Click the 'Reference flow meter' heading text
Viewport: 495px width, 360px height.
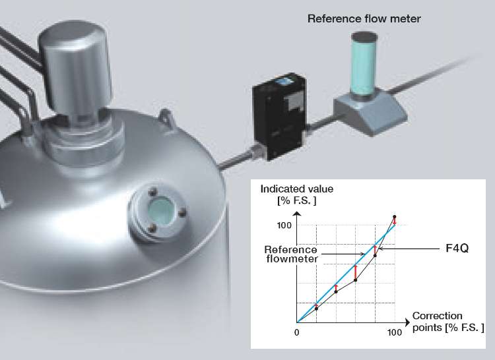pos(364,18)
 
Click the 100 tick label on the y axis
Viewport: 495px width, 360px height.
pos(284,225)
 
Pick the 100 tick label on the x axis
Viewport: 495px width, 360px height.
pos(395,332)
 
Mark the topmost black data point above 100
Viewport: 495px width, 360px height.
pos(394,217)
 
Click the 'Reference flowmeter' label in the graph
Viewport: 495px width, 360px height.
pos(290,254)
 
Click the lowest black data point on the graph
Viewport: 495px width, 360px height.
pos(317,308)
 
